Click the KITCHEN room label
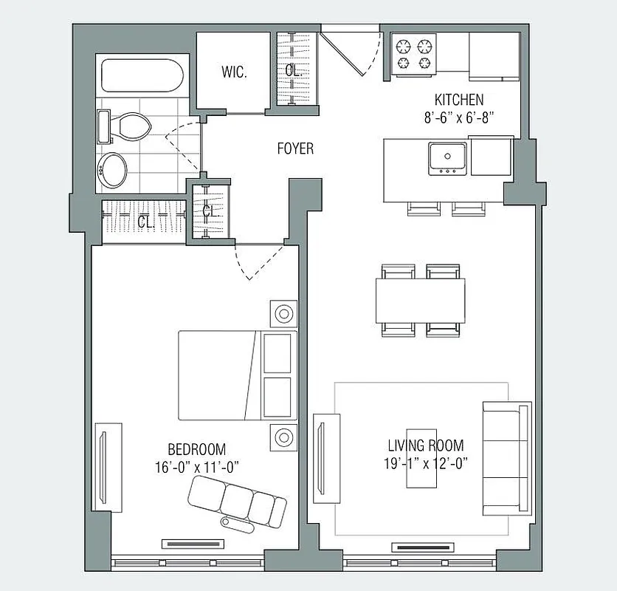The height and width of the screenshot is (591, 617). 458,99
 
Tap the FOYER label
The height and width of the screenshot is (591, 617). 295,148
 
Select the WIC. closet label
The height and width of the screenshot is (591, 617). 233,72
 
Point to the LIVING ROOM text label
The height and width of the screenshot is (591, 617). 426,445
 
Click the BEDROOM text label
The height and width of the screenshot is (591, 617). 196,449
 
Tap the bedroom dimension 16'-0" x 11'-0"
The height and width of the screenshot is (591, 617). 196,466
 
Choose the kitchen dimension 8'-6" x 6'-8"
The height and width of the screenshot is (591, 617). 458,116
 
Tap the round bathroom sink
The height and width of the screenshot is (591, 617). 115,168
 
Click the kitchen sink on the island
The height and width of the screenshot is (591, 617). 447,157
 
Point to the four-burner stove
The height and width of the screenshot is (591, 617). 413,55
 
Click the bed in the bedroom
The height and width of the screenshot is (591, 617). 236,374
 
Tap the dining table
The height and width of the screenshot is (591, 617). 421,300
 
